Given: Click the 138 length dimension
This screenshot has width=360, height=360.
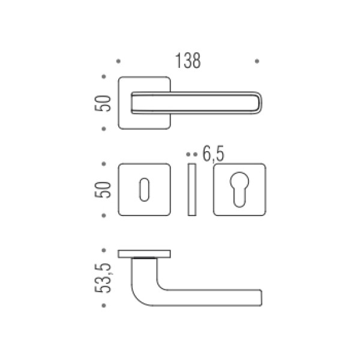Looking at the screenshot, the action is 188,61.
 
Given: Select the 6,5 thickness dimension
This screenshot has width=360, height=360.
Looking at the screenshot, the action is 213,154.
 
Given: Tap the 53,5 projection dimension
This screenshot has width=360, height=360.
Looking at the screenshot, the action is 103,278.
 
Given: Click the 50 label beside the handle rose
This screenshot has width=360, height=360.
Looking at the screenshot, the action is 103,103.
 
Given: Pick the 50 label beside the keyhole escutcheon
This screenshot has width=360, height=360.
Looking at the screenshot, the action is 103,190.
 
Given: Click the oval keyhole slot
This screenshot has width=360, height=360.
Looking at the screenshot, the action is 144,190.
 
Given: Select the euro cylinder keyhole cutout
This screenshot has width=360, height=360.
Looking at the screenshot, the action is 239,190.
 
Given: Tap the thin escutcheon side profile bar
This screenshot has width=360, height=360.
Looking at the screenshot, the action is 192,190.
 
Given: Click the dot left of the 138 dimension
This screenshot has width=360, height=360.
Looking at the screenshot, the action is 118,61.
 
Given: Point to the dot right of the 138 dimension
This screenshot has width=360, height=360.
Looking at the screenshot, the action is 257,61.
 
